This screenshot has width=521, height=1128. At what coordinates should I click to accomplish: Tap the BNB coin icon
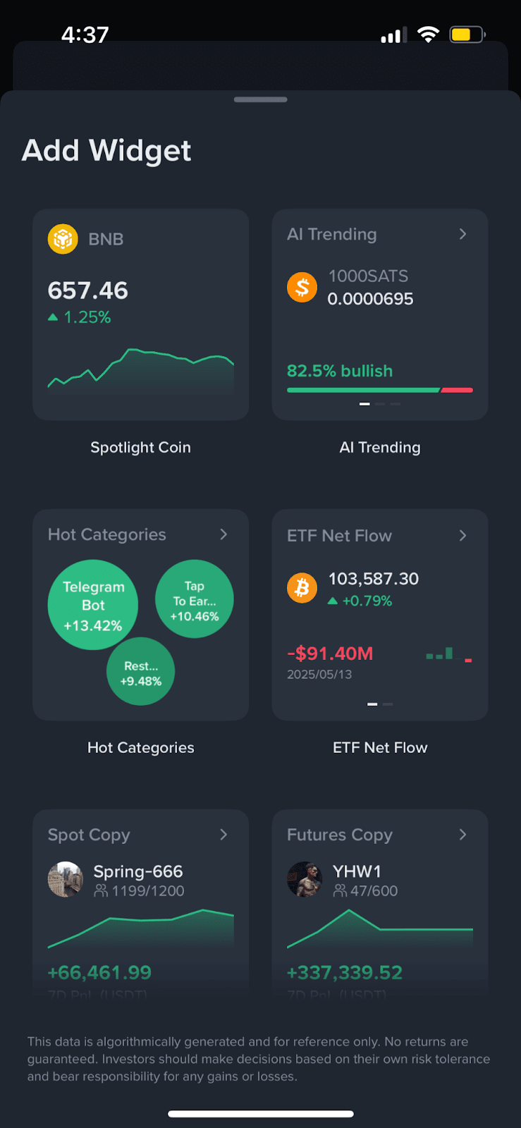[x=63, y=239]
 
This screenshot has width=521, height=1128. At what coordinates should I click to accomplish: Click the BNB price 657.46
[x=88, y=290]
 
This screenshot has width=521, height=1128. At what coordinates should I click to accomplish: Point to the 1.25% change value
[x=87, y=317]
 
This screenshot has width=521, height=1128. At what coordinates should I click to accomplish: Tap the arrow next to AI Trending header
[x=462, y=234]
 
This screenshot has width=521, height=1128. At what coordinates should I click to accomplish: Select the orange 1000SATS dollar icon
[x=302, y=287]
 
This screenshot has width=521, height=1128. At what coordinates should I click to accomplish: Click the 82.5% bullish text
[x=340, y=371]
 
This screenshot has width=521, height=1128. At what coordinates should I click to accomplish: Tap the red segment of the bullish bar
[x=457, y=390]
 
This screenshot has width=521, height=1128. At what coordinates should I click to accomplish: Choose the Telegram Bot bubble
[x=93, y=605]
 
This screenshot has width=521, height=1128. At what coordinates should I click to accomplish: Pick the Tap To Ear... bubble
[x=195, y=599]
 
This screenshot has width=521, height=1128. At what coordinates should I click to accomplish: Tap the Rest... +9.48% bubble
[x=141, y=672]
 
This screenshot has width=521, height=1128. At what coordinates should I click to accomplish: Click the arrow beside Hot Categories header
[x=223, y=534]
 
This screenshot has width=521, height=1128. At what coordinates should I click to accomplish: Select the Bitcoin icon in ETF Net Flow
[x=302, y=588]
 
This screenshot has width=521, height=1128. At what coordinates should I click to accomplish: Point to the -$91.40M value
[x=330, y=654]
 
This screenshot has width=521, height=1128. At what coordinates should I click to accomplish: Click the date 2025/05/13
[x=319, y=675]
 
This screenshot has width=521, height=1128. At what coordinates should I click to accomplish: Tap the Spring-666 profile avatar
[x=65, y=879]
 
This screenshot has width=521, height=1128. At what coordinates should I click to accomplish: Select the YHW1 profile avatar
[x=305, y=879]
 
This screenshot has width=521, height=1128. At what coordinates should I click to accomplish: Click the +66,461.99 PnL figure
[x=99, y=973]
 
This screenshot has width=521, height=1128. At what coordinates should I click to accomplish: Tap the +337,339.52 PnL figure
[x=345, y=973]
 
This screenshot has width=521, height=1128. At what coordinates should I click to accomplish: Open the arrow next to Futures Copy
[x=462, y=835]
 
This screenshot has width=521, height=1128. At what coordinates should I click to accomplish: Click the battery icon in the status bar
[x=467, y=35]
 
